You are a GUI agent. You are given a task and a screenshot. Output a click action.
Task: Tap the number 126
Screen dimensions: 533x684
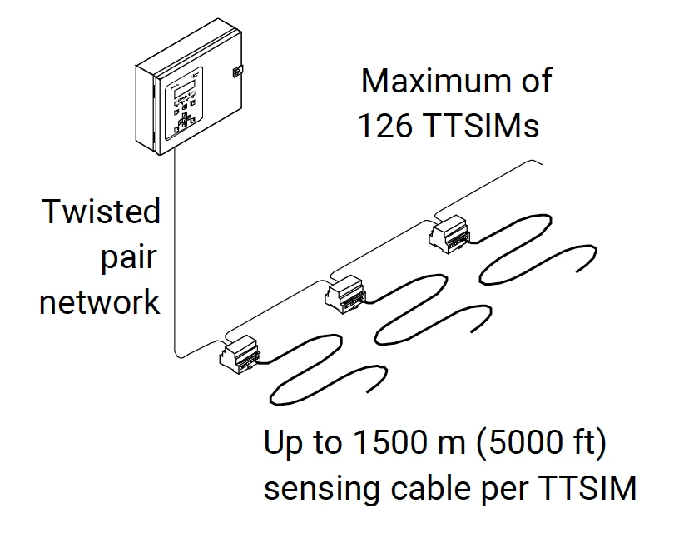pyautogui.click(x=385, y=126)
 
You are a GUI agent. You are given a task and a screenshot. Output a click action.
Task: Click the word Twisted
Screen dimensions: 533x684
pyautogui.click(x=101, y=212)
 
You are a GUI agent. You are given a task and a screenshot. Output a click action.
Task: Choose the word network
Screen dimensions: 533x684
pyautogui.click(x=100, y=301)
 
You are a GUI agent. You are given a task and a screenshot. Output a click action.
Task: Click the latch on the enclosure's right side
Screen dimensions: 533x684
pyautogui.click(x=236, y=72)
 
